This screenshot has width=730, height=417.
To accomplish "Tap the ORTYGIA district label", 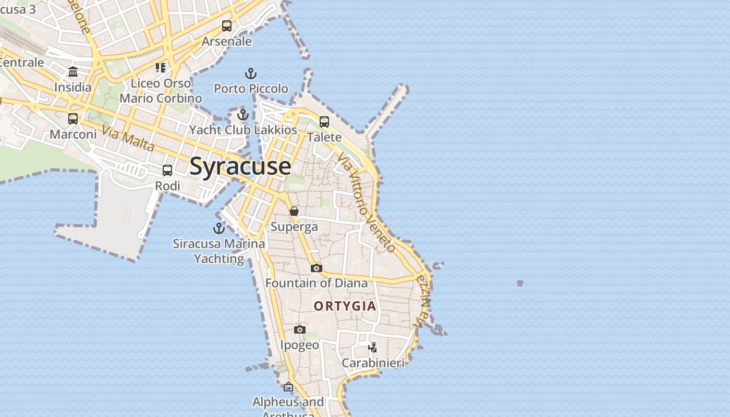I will [345, 306].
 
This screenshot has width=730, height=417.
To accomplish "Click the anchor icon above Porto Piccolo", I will [251, 73].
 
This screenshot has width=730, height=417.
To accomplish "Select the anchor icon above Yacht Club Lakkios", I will [242, 115].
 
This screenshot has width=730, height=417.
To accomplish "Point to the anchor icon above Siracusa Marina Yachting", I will [219, 228].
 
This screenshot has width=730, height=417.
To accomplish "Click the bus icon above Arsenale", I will [227, 26].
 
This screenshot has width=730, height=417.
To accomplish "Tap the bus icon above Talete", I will [324, 122].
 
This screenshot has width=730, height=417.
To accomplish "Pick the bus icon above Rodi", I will [167, 170].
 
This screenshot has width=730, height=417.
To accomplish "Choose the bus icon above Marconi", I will [73, 119].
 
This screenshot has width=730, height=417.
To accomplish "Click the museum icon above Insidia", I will [73, 72].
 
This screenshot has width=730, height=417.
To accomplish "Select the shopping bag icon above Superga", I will [294, 211].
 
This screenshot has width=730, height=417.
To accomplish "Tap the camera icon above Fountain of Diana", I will [317, 268].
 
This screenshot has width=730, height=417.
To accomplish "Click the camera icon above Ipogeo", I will [299, 329].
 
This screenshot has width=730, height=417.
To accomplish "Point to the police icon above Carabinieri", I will [373, 347].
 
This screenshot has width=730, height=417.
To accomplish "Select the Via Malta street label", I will [128, 139].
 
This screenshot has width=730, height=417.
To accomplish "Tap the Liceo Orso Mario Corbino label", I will [161, 91].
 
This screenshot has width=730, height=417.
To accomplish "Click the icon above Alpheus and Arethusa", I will [288, 387].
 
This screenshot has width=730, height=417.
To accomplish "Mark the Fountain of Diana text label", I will [317, 283].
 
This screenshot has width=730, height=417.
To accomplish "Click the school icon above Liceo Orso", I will [161, 68].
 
